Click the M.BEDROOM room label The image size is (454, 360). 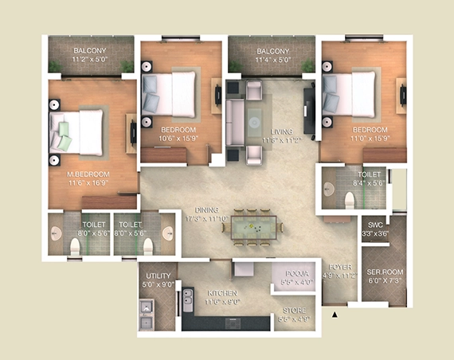click(x=88, y=173)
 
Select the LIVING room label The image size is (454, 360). click(x=280, y=131)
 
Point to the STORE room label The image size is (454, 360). click(x=293, y=311)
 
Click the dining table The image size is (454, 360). click(x=256, y=229)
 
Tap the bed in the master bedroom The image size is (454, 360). click(x=78, y=131)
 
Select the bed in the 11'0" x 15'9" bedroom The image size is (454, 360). click(x=350, y=91)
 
